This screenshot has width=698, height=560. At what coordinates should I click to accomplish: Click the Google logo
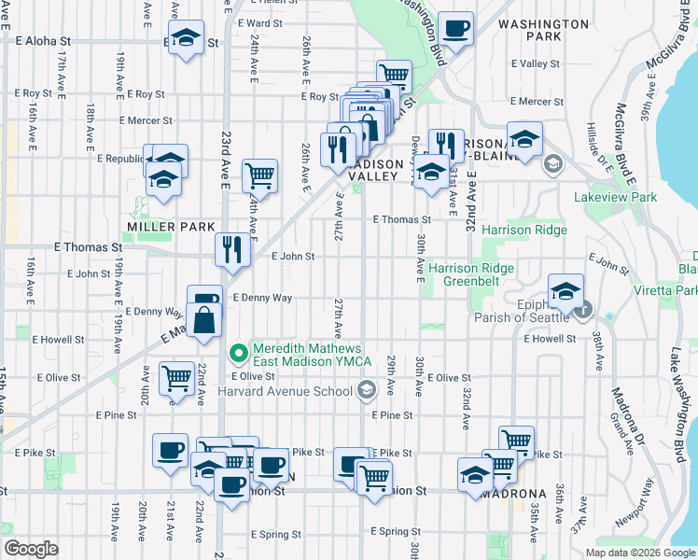point(31,549)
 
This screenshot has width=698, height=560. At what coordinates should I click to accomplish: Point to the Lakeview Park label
point(617,197)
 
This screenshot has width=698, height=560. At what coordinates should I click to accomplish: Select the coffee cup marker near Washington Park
point(455,28)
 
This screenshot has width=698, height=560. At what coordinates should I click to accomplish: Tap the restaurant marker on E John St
point(232,248)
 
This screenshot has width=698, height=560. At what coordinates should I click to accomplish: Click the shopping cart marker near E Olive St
point(176,378)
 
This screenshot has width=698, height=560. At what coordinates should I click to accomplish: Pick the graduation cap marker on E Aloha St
point(188,38)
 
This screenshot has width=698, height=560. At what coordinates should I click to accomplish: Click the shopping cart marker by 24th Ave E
point(259,175)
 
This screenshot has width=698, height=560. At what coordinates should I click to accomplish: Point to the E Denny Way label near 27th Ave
point(262,298)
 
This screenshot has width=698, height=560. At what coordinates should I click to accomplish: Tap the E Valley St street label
point(536,64)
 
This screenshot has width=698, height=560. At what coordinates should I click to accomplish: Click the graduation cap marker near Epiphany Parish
point(565,291)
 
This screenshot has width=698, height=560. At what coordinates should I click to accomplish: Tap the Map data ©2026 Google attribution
point(639,553)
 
